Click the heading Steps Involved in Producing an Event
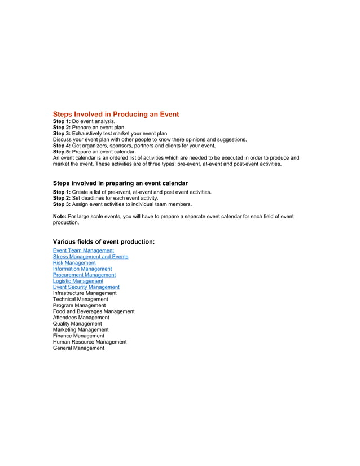pyautogui.click(x=116, y=114)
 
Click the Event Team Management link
pyautogui.click(x=84, y=250)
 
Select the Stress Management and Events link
pyautogui.click(x=90, y=257)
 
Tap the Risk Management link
pyautogui.click(x=74, y=263)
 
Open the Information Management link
pyautogui.click(x=82, y=269)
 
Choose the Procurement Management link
pyautogui.click(x=84, y=275)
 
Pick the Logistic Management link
pyautogui.click(x=78, y=281)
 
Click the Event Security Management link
pyautogui.click(x=86, y=287)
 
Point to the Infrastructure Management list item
pyautogui.click(x=85, y=293)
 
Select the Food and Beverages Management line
pyautogui.click(x=94, y=311)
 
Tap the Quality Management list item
pyautogui.click(x=77, y=324)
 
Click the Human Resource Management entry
pyautogui.click(x=90, y=342)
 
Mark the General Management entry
pyautogui.click(x=78, y=348)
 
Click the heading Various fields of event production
pyautogui.click(x=104, y=241)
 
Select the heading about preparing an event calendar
pyautogui.click(x=120, y=183)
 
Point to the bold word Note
pyautogui.click(x=60, y=216)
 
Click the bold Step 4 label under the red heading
pyautogui.click(x=62, y=146)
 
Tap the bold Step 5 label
pyautogui.click(x=62, y=152)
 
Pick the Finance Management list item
pyautogui.click(x=78, y=336)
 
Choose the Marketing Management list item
pyautogui.click(x=81, y=330)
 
